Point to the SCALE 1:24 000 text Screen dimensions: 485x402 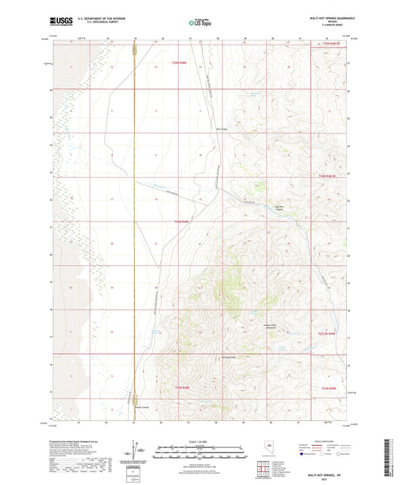point(201,441)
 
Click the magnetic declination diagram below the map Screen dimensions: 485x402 point(137,453)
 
